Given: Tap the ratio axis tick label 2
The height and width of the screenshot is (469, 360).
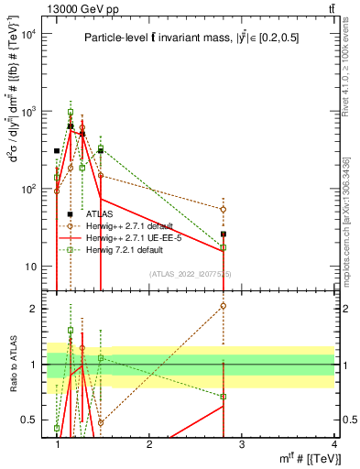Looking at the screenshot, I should coord(34,309).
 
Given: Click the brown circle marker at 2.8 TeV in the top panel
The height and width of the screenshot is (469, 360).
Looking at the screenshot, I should coord(224,209).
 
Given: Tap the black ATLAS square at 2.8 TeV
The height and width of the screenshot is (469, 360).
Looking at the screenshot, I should coord(224,234).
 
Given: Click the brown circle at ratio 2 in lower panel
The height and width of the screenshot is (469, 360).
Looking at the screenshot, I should coord(224,306).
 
